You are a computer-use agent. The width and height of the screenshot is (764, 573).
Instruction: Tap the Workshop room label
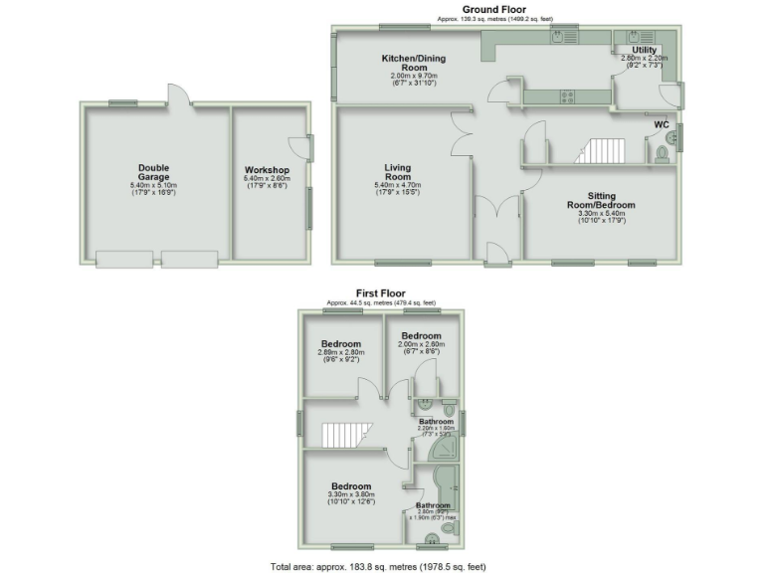pos(267,170)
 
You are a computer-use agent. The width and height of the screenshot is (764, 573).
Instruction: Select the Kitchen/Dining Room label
pos(414,63)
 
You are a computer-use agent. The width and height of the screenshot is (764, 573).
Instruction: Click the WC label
pos(661,125)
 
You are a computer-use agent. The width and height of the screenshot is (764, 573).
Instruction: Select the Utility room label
pos(644,49)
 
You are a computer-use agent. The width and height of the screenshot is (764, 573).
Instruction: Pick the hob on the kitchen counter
pos(567,96)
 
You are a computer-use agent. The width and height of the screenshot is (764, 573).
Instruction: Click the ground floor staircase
pos(597,151)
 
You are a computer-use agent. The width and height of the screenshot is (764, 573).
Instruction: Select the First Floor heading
pos(382,292)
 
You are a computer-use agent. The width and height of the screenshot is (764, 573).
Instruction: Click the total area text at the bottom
pos(378,566)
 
